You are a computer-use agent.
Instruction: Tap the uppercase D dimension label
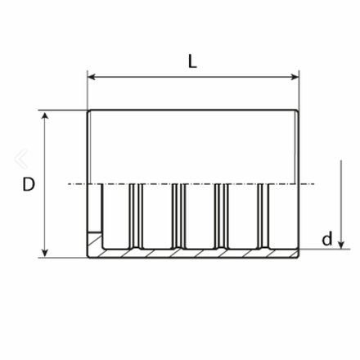coord(29,184)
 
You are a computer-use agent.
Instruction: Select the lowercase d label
coord(327,239)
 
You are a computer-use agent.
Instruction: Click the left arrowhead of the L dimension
coord(92,77)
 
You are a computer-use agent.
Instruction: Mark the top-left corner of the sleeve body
coord(88,110)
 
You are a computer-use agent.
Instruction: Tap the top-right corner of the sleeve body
coord(299,110)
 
